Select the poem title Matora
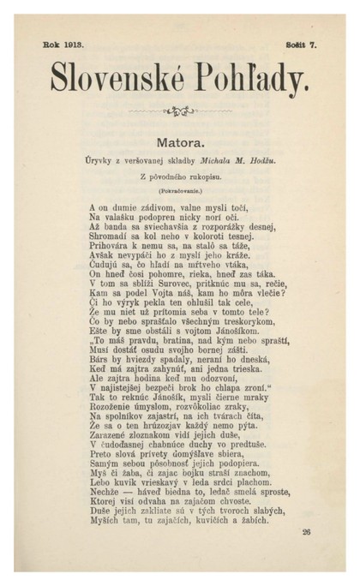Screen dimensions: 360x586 tap(180, 137)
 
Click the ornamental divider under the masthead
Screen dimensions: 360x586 tap(180, 109)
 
